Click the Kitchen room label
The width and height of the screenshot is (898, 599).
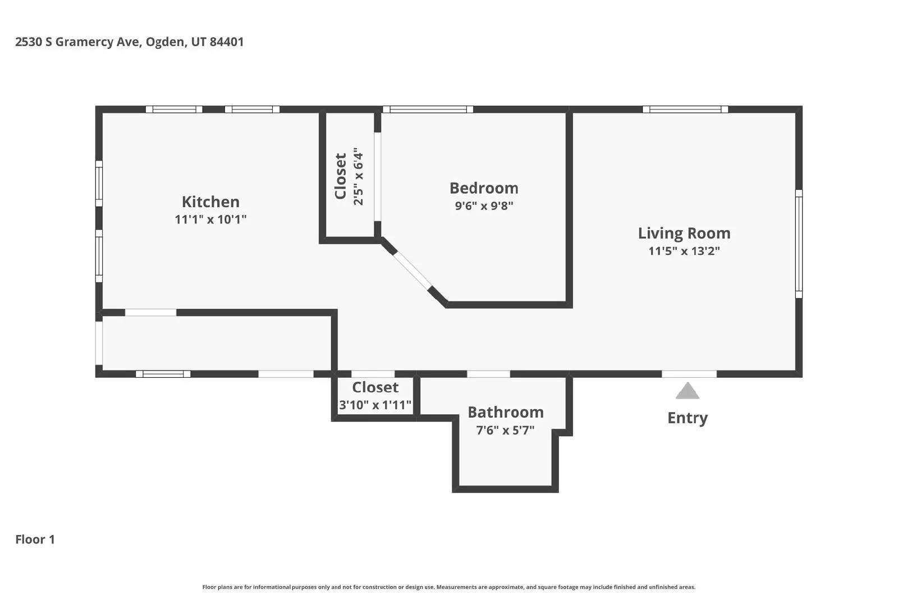pos(210,202)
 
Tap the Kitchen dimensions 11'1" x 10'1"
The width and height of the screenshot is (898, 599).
pos(210,220)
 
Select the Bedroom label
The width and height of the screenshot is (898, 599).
pos(484,188)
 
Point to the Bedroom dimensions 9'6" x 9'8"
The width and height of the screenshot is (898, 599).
pos(484,205)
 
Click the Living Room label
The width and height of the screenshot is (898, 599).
pos(684,234)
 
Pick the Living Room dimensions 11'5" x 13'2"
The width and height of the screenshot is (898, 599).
pos(684,251)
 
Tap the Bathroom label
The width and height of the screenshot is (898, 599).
pos(506,412)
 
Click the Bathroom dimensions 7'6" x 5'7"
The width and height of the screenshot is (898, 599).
pos(506,430)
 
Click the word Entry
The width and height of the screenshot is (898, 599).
pos(688,418)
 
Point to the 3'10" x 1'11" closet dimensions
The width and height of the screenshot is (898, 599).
pos(375,405)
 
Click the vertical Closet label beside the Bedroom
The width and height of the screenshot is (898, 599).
pos(340,176)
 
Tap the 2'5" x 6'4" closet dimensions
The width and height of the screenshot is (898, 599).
pos(358,176)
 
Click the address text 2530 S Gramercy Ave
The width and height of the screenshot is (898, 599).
pos(78,42)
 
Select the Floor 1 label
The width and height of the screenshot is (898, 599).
pos(35,539)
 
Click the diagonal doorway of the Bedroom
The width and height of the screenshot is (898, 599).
pos(412,270)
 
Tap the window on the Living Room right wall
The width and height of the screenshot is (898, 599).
pos(799,244)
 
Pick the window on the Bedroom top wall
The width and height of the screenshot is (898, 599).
pos(428,109)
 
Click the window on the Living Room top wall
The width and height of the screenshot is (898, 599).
pos(685,109)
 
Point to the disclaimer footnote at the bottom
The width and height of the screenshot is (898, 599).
pos(449,587)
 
